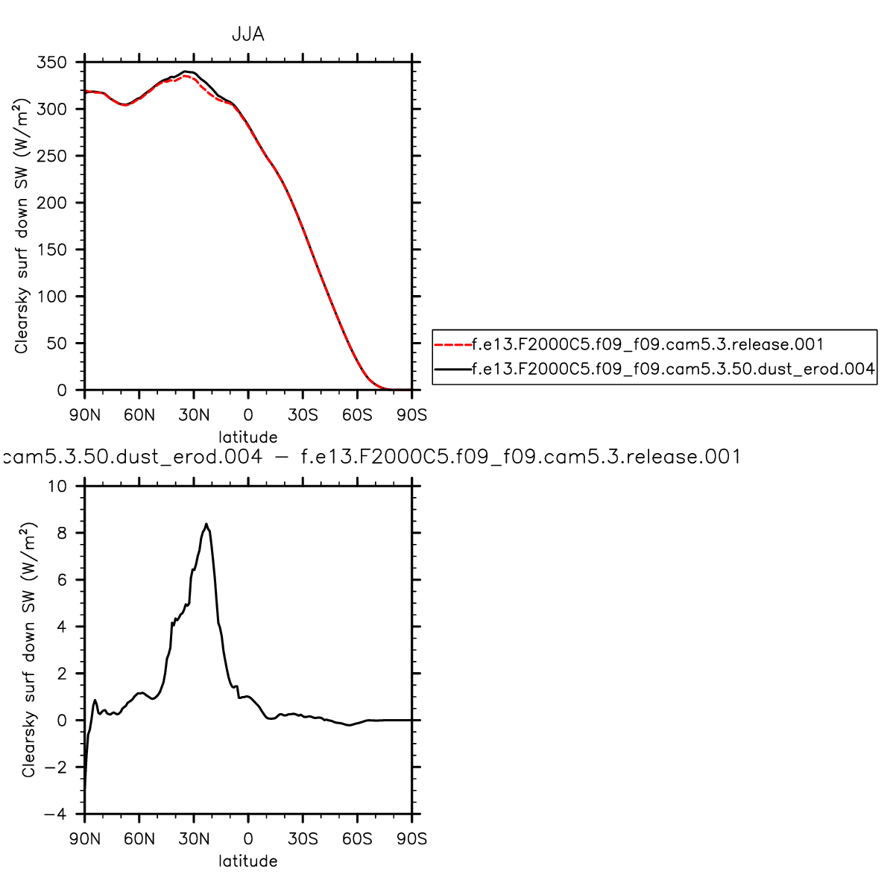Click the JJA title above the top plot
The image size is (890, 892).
247,35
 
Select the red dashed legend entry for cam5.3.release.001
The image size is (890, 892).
647,344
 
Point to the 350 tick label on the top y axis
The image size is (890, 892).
51,63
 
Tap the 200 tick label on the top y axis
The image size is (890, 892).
51,203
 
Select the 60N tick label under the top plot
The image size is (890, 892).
139,415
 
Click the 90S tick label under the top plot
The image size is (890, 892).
411,415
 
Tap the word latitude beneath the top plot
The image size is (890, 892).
247,437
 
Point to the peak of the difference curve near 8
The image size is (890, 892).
206,524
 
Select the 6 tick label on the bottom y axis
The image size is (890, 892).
62,581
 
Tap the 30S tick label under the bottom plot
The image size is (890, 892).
303,839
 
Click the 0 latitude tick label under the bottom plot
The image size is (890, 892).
248,839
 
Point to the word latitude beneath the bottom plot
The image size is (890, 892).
247,861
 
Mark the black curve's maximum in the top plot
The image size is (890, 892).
186,72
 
